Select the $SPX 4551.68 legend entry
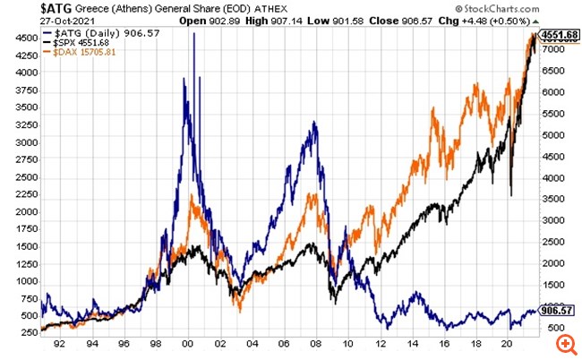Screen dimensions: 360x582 coord(84,44)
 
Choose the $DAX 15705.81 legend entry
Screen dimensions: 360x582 coord(87,53)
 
